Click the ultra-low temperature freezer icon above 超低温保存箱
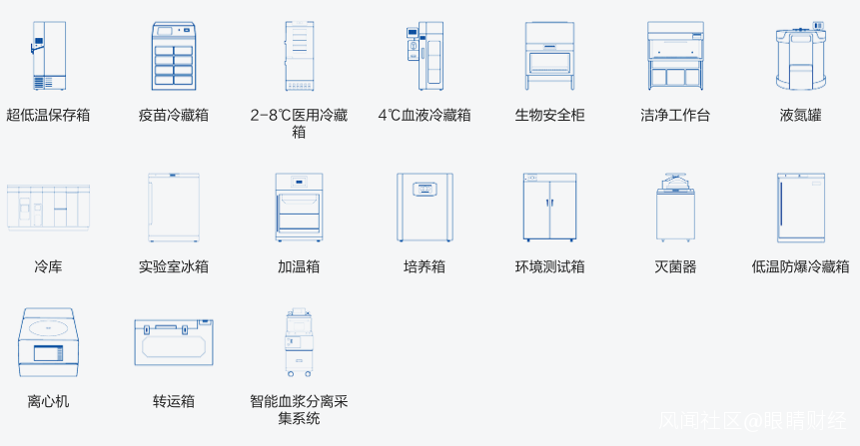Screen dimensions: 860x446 point(49,55)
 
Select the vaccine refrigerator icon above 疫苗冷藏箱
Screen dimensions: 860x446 point(174,56)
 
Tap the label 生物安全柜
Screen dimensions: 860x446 point(549,115)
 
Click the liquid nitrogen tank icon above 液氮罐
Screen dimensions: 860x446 point(801,56)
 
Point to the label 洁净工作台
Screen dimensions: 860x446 point(675,115)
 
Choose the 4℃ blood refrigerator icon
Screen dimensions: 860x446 point(425,56)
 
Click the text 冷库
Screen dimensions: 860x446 point(48,266)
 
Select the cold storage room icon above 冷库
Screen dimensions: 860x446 point(48,208)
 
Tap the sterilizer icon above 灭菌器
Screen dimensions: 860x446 point(675,208)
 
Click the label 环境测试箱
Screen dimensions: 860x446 point(549,266)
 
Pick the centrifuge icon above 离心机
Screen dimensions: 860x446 point(48,342)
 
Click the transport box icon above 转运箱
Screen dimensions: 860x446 point(174,342)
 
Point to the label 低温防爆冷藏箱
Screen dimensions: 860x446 point(800,266)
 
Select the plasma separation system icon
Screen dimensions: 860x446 point(299,342)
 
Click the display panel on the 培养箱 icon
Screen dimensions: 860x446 point(425,189)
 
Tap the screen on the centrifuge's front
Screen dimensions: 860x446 point(48,353)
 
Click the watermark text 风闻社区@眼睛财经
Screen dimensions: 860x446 point(752,421)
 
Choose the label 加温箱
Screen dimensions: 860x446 point(299,266)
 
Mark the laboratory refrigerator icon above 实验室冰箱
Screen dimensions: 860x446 point(174,208)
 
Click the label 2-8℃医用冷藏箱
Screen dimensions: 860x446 point(299,124)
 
